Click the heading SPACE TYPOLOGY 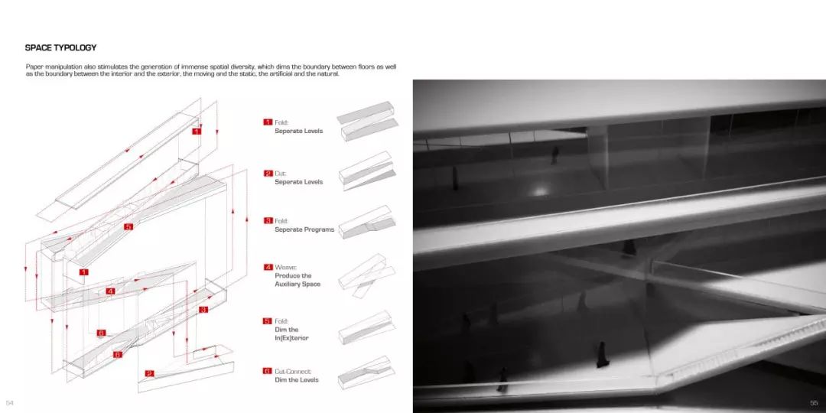click(x=60, y=47)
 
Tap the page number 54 click(x=9, y=403)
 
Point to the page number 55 click(x=814, y=403)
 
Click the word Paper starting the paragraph click(x=34, y=67)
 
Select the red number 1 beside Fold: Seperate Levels click(x=268, y=122)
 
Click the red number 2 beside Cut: click(x=268, y=174)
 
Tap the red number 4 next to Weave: click(x=268, y=267)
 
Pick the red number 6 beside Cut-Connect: click(x=268, y=372)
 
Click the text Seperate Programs click(x=304, y=229)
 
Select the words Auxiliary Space click(x=297, y=284)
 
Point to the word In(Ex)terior click(x=291, y=338)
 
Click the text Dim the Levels click(x=297, y=380)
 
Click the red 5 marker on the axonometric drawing click(x=128, y=226)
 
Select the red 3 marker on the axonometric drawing click(x=204, y=310)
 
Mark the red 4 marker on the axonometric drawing click(x=110, y=291)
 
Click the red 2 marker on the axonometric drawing click(x=150, y=373)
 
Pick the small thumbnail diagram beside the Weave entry click(x=366, y=276)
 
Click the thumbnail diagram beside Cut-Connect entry click(x=366, y=372)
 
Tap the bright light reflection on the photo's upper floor click(x=539, y=191)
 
